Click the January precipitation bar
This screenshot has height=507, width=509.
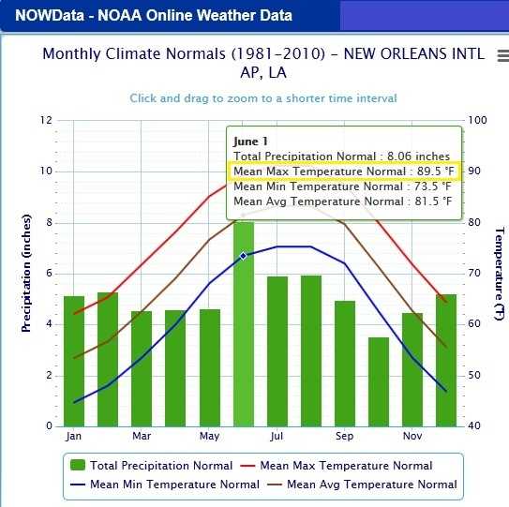[x=74, y=361]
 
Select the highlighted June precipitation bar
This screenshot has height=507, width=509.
[x=244, y=323]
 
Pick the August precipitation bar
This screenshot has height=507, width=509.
[x=311, y=350]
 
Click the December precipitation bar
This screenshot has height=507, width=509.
[x=446, y=360]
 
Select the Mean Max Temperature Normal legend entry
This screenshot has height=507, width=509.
[x=337, y=466]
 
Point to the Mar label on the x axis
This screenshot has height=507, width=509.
[x=142, y=437]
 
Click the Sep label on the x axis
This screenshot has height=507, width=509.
[x=344, y=437]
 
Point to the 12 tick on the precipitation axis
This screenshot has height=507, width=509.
[x=44, y=120]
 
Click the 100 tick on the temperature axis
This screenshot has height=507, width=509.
[x=475, y=120]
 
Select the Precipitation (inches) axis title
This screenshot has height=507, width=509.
[x=27, y=273]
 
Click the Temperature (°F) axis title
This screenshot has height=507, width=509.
[x=500, y=273]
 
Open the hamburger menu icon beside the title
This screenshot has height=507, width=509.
[x=502, y=56]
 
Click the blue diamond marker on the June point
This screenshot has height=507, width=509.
[x=244, y=255]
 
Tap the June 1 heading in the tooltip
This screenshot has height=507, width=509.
[x=250, y=141]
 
